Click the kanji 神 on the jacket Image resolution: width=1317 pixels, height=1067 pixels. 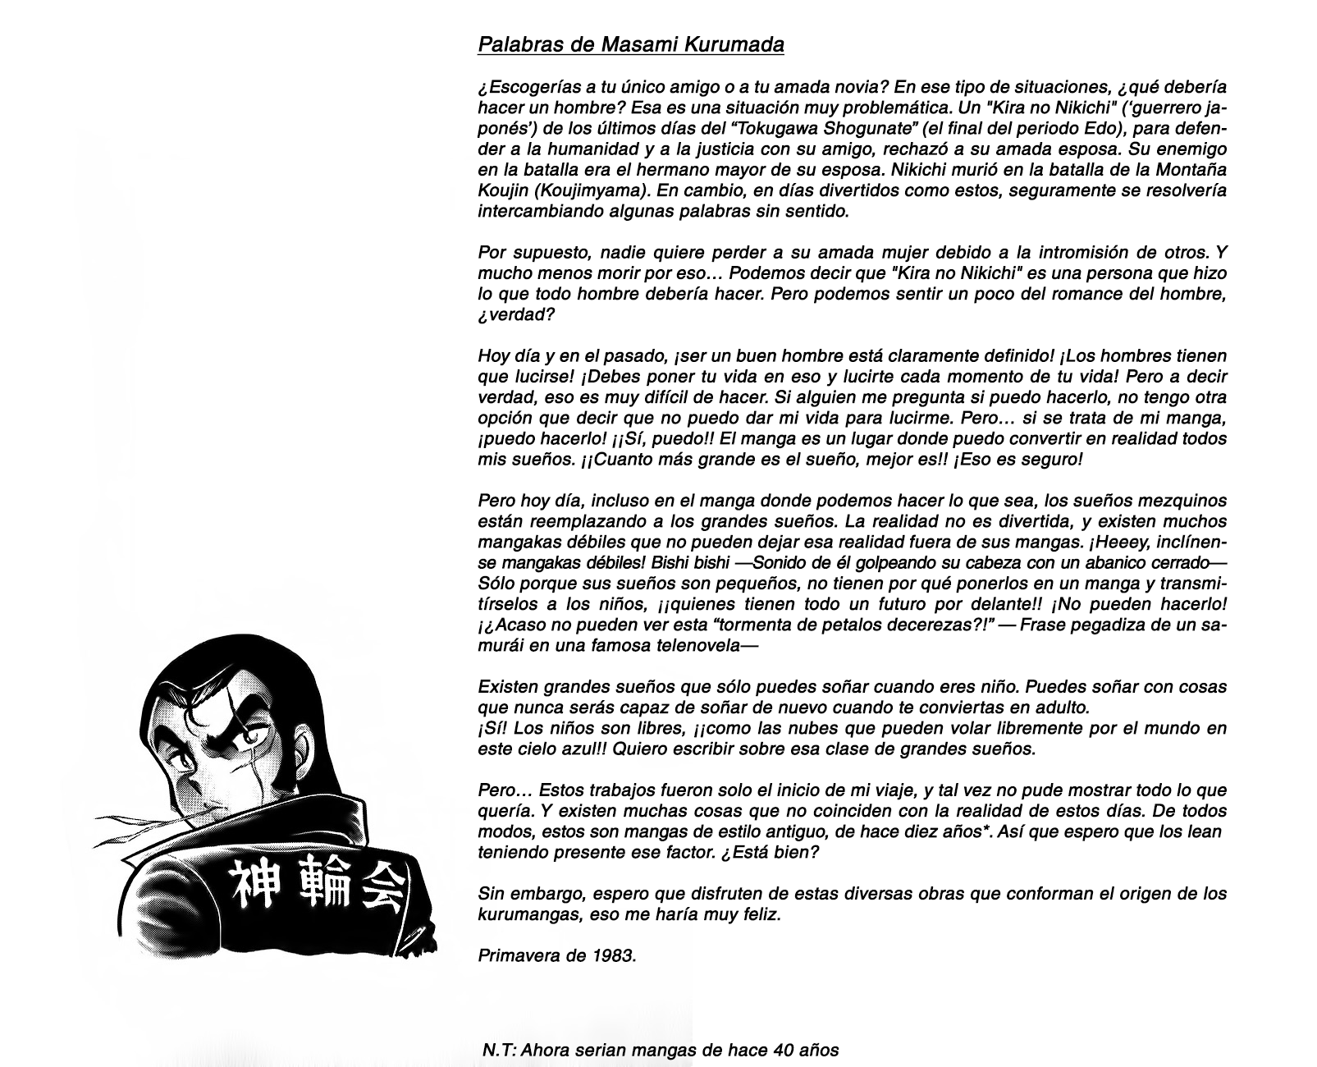(x=249, y=882)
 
